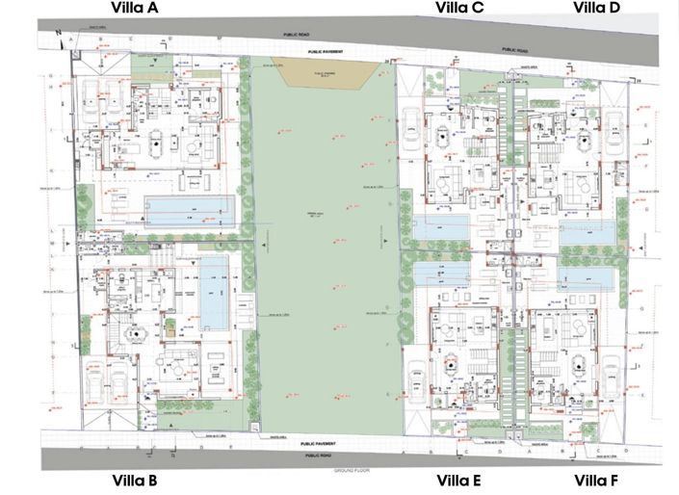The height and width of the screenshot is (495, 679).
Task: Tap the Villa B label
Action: [142, 480]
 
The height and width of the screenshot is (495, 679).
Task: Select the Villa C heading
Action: [459, 9]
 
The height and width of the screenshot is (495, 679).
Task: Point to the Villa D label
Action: [597, 9]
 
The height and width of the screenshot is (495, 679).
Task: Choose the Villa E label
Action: [459, 480]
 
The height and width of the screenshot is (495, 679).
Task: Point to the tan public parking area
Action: [316, 73]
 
